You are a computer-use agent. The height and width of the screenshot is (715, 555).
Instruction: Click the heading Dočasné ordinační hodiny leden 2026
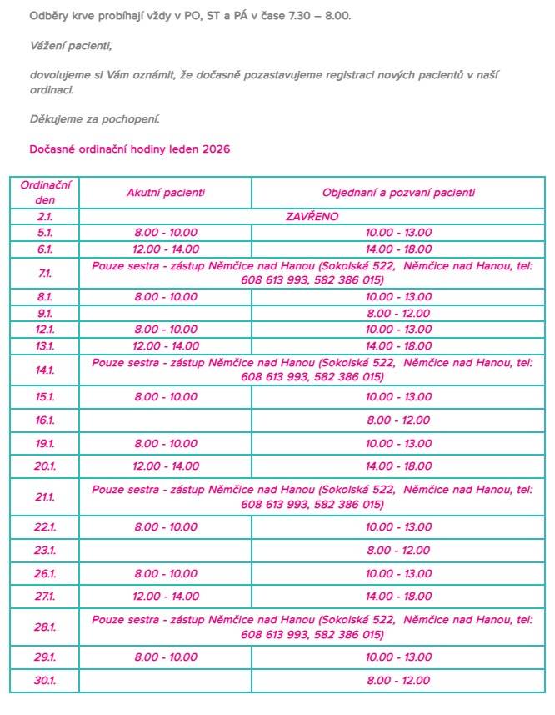coord(129,149)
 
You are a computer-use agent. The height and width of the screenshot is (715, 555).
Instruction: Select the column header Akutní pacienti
coord(165,193)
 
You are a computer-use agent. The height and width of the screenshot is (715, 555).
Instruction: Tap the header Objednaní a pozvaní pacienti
coord(398,193)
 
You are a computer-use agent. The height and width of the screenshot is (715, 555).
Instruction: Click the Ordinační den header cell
coord(45,193)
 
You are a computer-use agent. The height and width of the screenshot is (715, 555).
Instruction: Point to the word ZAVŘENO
coord(312,216)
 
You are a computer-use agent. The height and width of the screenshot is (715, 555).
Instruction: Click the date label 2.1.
coord(45,216)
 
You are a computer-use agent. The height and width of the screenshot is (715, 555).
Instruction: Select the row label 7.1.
coord(45,274)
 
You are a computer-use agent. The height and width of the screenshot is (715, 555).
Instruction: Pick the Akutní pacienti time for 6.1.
coord(167,249)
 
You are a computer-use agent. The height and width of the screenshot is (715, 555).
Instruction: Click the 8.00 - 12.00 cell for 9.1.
coord(398,314)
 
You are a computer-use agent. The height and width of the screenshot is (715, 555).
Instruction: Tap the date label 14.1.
coord(45,370)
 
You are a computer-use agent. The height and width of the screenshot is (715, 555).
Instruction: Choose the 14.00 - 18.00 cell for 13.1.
coord(398,345)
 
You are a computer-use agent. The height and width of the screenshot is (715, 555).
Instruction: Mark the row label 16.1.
coord(45,420)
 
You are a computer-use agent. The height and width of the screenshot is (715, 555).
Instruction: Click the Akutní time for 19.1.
coord(167,444)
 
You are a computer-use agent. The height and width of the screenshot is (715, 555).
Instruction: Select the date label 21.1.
coord(45,497)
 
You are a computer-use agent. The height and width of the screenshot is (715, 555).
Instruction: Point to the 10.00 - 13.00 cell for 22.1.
coord(398,527)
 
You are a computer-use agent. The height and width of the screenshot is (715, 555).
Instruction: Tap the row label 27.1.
coord(45,596)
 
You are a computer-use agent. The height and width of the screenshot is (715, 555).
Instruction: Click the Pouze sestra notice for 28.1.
coord(312,627)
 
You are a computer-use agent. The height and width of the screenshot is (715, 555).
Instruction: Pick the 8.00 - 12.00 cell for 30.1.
coord(398,681)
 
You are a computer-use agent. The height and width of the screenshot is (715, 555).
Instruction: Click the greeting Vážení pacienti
coord(70,45)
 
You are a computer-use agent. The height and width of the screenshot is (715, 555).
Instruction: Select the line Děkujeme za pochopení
coord(94,118)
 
